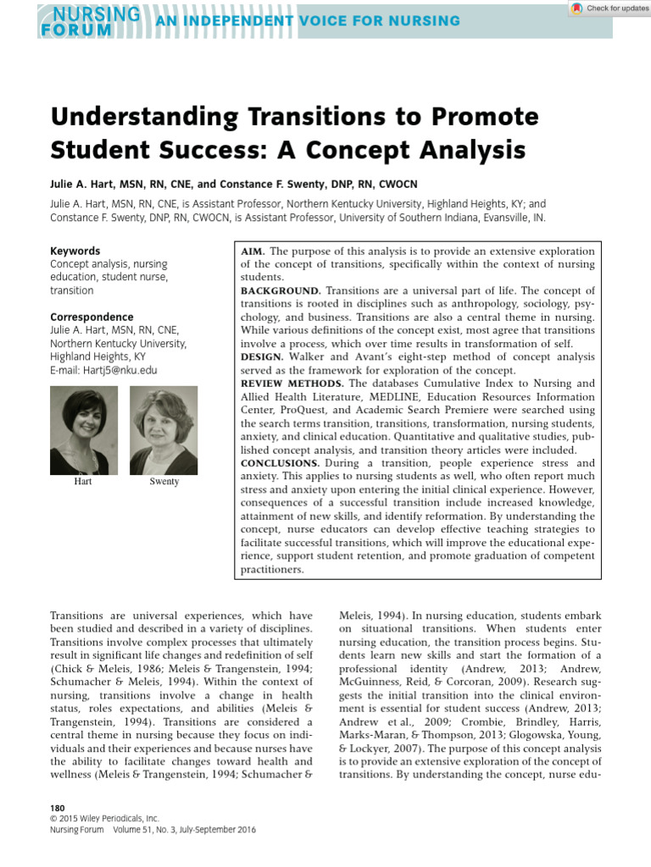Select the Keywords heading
click(75, 251)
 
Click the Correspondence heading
click(92, 318)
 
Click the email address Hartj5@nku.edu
click(103, 370)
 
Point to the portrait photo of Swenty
click(164, 430)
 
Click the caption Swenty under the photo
click(164, 482)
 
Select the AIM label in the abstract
click(253, 251)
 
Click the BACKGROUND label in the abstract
click(281, 290)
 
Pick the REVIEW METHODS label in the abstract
click(292, 384)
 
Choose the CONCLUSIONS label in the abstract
click(280, 463)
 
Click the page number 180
click(58, 809)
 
